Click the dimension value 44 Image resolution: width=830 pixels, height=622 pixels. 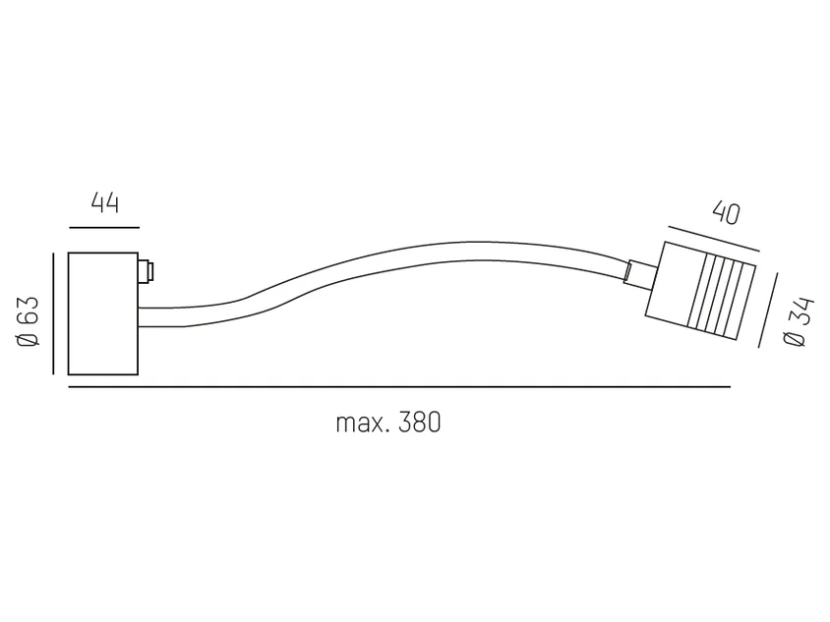[x=105, y=202]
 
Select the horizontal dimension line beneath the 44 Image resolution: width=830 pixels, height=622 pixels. [x=104, y=228]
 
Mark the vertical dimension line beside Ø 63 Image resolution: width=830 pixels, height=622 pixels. [x=53, y=313]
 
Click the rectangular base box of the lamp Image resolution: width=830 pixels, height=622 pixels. [x=103, y=313]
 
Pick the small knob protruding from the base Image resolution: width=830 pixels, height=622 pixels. [x=146, y=272]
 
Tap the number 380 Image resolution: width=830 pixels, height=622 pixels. [x=419, y=423]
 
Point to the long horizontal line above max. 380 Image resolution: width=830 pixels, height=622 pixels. [x=399, y=387]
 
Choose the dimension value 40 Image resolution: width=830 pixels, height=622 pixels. [x=726, y=213]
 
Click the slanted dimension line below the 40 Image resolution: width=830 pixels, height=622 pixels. [x=714, y=239]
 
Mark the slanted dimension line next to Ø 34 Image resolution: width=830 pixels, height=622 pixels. [x=768, y=310]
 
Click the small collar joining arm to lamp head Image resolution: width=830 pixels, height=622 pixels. [x=640, y=274]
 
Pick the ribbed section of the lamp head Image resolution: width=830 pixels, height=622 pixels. [x=721, y=296]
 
